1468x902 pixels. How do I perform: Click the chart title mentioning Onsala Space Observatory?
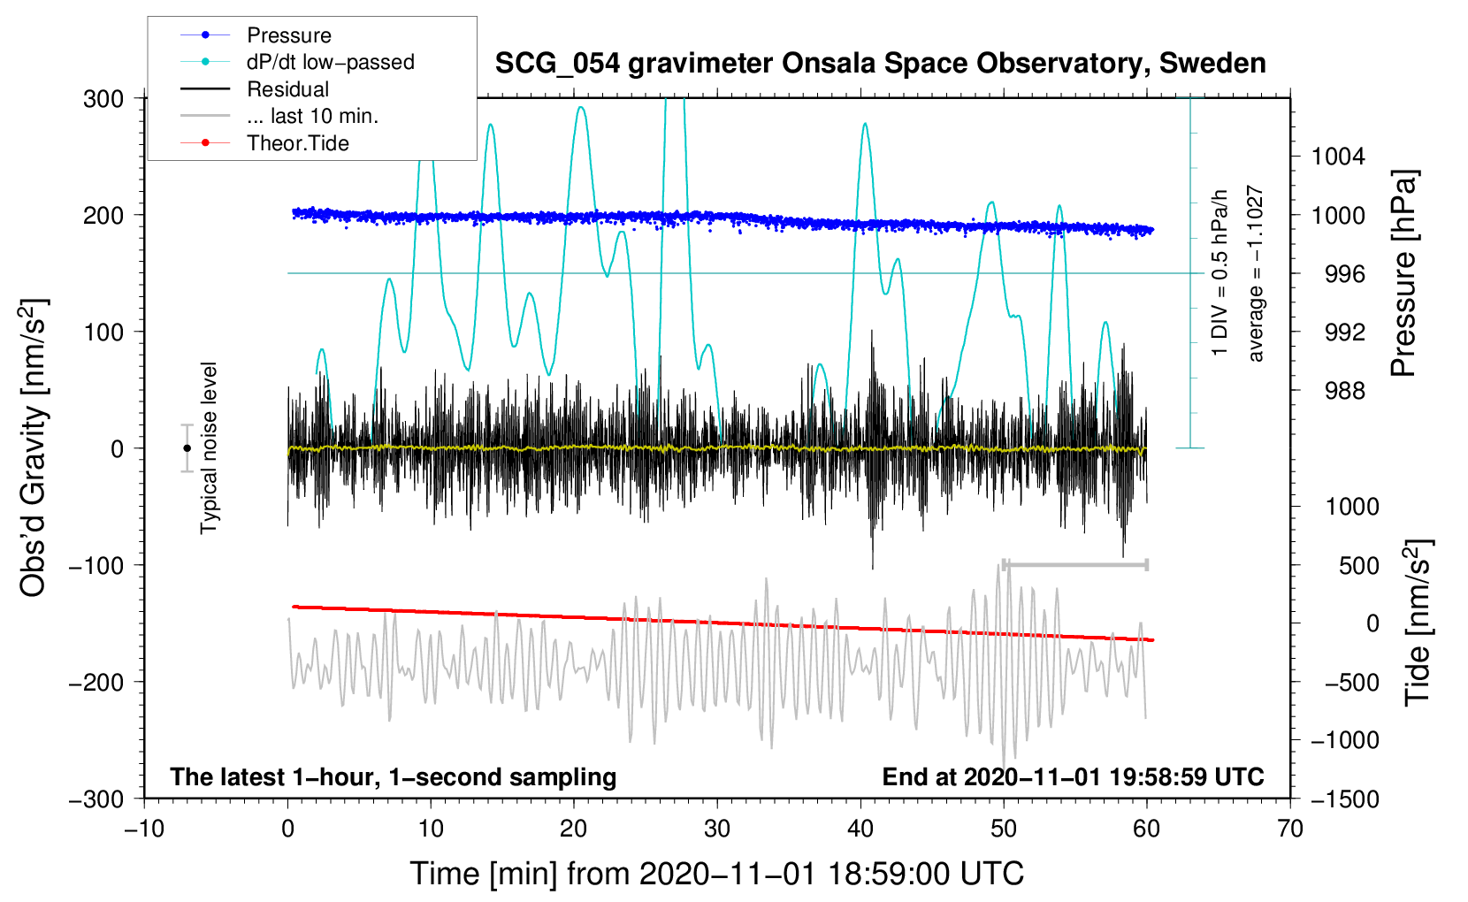pyautogui.click(x=880, y=64)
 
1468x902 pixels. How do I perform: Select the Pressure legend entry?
pyautogui.click(x=288, y=35)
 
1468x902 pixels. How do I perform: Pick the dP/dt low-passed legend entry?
pyautogui.click(x=330, y=62)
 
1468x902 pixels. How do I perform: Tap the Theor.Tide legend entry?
pyautogui.click(x=297, y=143)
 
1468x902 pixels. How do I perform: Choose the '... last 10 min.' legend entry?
pyautogui.click(x=312, y=116)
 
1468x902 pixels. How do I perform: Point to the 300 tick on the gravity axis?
pyautogui.click(x=103, y=98)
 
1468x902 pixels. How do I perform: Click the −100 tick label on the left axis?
pyautogui.click(x=97, y=565)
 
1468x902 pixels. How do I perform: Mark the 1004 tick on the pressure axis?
pyautogui.click(x=1338, y=157)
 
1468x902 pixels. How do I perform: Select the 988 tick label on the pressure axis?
pyautogui.click(x=1344, y=390)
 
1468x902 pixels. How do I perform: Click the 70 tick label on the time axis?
pyautogui.click(x=1290, y=829)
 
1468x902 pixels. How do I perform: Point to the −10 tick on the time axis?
pyautogui.click(x=143, y=829)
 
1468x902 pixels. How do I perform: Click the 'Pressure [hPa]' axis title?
pyautogui.click(x=1403, y=274)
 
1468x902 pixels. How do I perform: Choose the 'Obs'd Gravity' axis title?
pyautogui.click(x=34, y=447)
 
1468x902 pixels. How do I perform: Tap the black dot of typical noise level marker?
pyautogui.click(x=187, y=448)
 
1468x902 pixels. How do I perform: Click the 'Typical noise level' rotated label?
pyautogui.click(x=209, y=447)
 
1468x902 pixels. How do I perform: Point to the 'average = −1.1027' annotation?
pyautogui.click(x=1255, y=274)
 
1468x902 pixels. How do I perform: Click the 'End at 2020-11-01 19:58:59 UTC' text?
pyautogui.click(x=1073, y=776)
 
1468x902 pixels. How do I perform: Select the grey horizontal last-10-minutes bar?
pyautogui.click(x=1075, y=564)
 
